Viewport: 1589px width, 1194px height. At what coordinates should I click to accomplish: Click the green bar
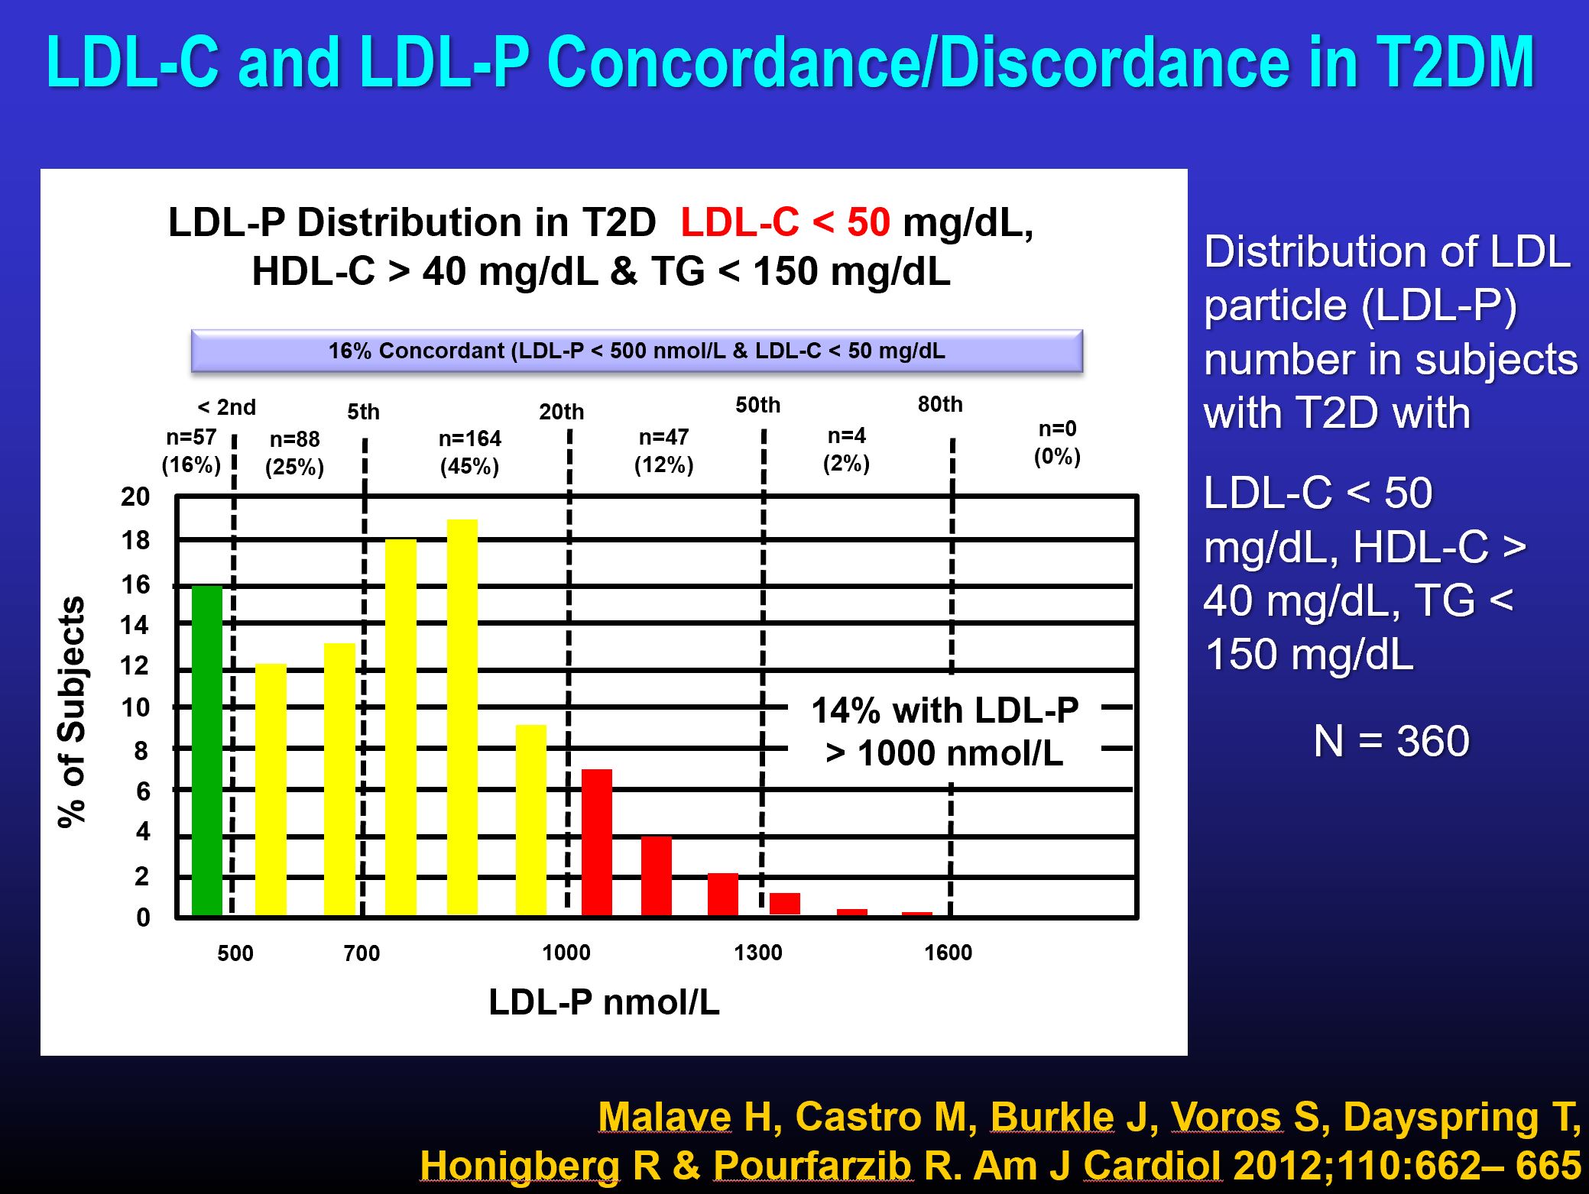pos(206,750)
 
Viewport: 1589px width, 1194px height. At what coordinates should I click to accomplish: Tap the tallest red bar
pos(596,842)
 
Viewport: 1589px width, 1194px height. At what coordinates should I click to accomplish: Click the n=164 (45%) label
pos(469,452)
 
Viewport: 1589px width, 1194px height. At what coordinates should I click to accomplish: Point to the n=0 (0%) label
pos(1057,442)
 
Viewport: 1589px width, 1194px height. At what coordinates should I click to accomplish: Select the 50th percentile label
pos(757,405)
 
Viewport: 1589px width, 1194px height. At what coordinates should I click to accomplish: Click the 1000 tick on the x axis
pos(566,953)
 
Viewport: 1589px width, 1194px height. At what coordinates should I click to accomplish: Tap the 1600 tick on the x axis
pos(948,953)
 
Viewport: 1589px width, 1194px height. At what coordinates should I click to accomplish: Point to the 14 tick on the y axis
pos(135,626)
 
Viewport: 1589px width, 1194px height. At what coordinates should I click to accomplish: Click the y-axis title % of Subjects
pos(72,711)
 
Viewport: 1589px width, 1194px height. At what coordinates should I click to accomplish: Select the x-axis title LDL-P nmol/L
pos(604,1002)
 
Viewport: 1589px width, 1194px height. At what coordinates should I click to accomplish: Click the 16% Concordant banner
pos(636,351)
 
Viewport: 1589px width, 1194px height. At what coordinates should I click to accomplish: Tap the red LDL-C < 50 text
pos(785,223)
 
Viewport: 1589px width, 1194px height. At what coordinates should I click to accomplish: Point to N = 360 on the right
pos(1391,740)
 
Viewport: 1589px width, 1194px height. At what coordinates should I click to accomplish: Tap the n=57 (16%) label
pos(191,451)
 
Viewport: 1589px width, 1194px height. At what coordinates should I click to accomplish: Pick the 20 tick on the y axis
pos(135,497)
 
